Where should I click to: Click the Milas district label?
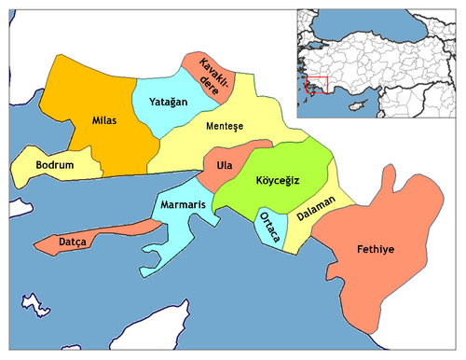click(x=104, y=121)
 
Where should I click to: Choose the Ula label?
click(x=223, y=165)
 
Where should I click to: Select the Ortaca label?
click(x=267, y=228)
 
